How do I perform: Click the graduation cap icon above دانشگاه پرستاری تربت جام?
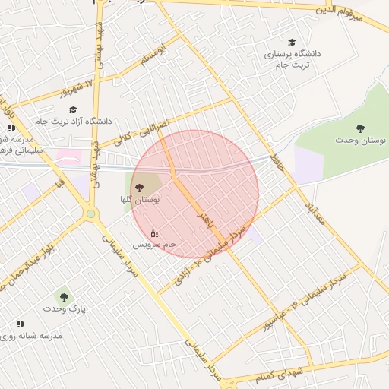coord(293,43)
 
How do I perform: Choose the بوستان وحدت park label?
coord(361,141)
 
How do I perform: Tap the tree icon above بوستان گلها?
coord(138,188)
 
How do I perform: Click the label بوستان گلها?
coord(138,200)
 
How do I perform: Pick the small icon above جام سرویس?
coord(154,232)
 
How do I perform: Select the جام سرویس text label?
coord(155,245)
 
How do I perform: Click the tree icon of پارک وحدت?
coord(64,297)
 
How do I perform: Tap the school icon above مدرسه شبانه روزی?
coord(21,324)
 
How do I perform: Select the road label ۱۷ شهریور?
coord(83,88)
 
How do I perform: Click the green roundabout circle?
coord(91,214)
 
